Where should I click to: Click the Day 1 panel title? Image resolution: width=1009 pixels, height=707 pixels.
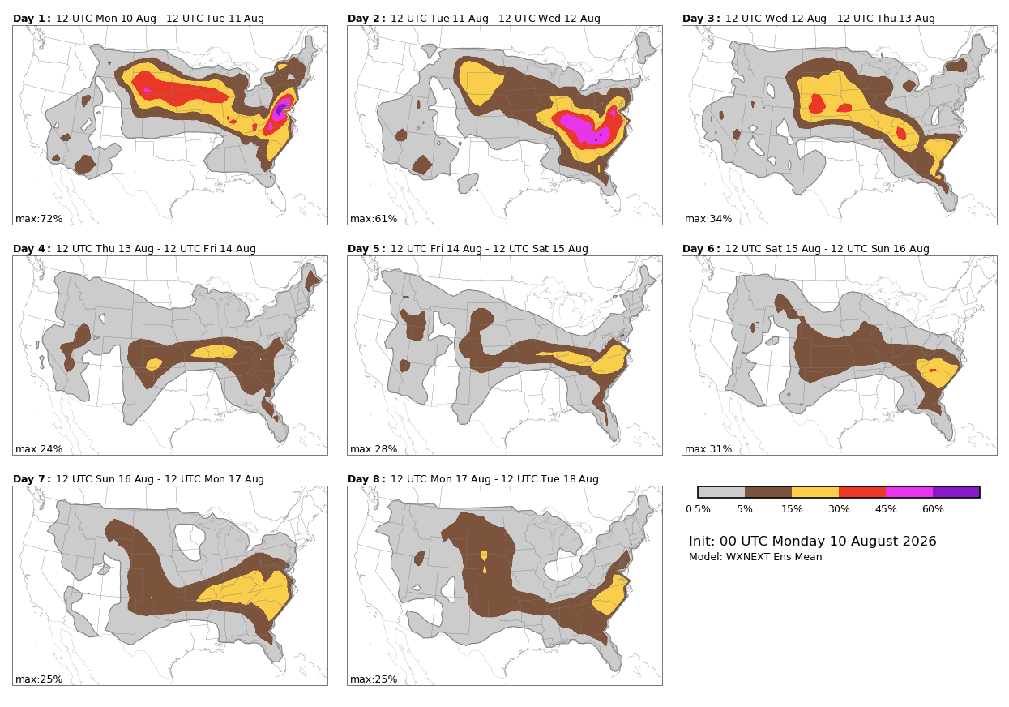[x=139, y=19]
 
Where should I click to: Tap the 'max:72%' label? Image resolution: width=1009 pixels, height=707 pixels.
[x=39, y=219]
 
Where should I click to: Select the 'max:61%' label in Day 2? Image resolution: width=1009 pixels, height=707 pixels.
[x=374, y=219]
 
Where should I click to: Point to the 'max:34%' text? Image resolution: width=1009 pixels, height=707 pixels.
[x=708, y=219]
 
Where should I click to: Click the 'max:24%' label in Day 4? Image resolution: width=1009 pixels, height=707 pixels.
[x=39, y=449]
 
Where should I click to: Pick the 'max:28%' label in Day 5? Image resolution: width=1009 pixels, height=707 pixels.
[x=374, y=449]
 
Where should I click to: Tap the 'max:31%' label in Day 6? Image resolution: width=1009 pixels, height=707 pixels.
[x=708, y=449]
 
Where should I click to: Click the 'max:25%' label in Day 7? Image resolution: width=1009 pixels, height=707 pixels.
[x=39, y=679]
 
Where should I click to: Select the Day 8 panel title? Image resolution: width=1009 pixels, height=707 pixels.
[x=473, y=479]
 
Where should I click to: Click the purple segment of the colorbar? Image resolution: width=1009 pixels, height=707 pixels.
[x=956, y=492]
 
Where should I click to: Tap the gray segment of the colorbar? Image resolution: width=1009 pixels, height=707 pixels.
[x=721, y=492]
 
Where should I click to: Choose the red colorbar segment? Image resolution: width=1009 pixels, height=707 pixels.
[x=862, y=492]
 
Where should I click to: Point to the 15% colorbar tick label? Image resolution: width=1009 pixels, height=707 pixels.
[x=792, y=509]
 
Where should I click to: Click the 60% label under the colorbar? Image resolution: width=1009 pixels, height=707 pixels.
[x=933, y=509]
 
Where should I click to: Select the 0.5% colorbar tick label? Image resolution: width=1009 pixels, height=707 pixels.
[x=698, y=509]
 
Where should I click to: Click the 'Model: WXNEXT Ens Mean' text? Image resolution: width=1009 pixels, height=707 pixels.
[x=755, y=557]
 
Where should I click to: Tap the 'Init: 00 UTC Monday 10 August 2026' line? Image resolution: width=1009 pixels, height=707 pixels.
[x=813, y=541]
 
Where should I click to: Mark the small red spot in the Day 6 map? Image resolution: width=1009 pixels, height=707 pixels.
[x=933, y=371]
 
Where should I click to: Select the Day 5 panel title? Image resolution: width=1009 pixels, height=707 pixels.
[x=468, y=249]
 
